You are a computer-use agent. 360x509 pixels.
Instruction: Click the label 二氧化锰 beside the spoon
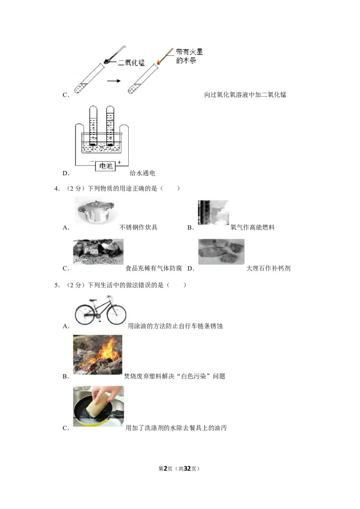tap(131, 63)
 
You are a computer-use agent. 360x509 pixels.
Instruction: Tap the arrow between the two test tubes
tap(114, 81)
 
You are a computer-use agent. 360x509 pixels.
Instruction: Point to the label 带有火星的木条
tap(189, 56)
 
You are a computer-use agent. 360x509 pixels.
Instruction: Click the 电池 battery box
tap(105, 166)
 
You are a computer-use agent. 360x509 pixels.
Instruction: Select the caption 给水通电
tap(142, 173)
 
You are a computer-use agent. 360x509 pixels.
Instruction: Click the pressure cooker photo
tap(94, 211)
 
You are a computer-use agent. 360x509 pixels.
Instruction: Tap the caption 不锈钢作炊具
tap(139, 227)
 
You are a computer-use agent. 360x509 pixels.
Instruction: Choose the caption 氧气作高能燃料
tap(252, 227)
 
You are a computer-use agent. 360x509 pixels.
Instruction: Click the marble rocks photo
tap(221, 252)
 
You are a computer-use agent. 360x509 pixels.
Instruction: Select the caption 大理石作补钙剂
tap(268, 268)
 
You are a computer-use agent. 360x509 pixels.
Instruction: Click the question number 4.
tap(57, 188)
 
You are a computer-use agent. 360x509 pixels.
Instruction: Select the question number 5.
tap(57, 286)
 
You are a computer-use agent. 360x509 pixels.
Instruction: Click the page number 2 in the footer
tap(166, 469)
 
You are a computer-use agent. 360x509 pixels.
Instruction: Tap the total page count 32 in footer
tap(187, 469)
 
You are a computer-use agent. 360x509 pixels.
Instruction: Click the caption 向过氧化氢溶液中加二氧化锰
tap(245, 94)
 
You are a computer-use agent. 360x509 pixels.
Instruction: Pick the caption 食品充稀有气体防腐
tap(154, 268)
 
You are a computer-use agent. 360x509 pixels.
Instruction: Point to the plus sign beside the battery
tap(119, 162)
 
